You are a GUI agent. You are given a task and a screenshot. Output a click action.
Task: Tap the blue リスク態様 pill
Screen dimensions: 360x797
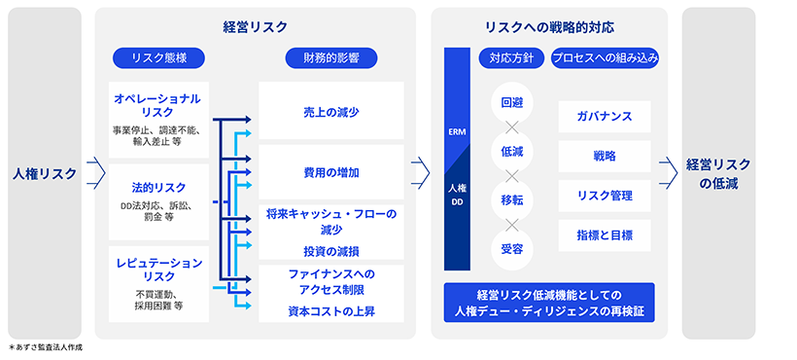click(x=156, y=58)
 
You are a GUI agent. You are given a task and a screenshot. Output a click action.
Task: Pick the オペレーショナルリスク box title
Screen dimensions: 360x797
click(x=156, y=105)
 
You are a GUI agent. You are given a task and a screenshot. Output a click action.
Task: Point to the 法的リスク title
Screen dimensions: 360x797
click(x=156, y=186)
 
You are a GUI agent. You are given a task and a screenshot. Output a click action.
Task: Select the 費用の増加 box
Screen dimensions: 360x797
click(x=330, y=172)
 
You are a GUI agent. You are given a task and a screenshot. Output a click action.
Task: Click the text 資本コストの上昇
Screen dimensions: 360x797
click(x=330, y=311)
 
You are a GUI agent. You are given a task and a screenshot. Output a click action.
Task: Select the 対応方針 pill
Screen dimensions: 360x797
click(x=511, y=58)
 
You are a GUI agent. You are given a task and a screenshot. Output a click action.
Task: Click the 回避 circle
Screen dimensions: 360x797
click(x=512, y=103)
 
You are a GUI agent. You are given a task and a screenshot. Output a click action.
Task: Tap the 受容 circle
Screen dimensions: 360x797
click(x=512, y=249)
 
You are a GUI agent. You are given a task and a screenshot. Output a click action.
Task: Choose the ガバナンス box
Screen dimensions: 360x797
click(x=605, y=117)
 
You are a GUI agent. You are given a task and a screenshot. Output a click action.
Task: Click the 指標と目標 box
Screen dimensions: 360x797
click(x=605, y=234)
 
